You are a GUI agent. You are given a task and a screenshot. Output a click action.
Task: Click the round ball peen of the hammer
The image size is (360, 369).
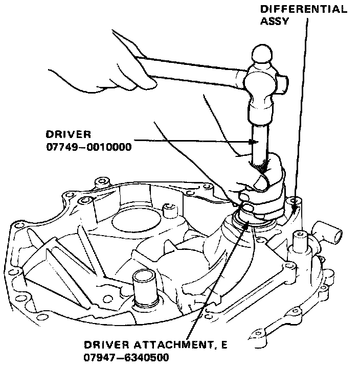click(262, 53)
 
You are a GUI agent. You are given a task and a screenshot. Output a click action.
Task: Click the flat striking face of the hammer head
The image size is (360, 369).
click(261, 118)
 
